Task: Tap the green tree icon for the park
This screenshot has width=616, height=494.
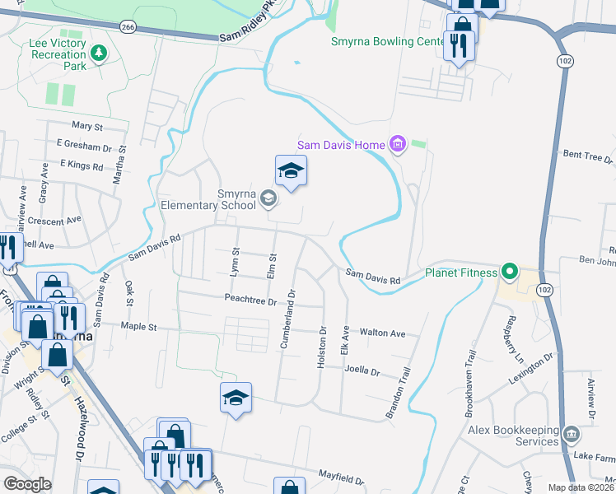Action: [x=99, y=54]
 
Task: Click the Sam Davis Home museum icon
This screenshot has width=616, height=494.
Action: [x=399, y=145]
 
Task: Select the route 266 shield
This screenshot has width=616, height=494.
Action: [x=127, y=27]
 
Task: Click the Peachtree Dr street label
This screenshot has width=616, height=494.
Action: [x=250, y=301]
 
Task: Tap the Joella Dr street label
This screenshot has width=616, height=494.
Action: [x=362, y=371]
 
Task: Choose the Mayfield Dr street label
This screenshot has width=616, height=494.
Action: [x=342, y=478]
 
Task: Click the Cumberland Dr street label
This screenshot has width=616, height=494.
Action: [x=288, y=319]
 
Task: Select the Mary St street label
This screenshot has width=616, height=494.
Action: [x=86, y=127]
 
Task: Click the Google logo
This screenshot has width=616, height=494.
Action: [x=27, y=484]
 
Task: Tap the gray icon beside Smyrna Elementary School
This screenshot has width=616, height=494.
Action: [x=268, y=198]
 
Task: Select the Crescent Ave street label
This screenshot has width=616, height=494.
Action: [x=55, y=221]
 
